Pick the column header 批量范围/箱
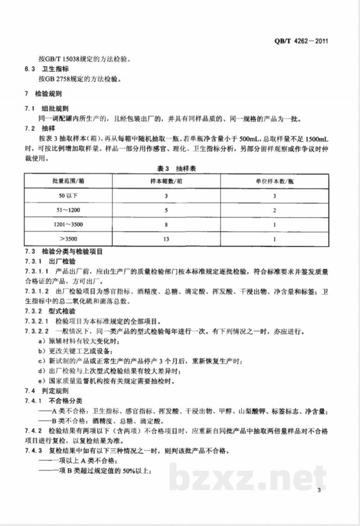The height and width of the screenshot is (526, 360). [68, 181]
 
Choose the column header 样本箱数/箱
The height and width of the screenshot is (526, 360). [166, 181]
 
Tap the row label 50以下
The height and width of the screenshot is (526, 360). [68, 196]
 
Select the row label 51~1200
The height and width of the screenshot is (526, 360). [68, 210]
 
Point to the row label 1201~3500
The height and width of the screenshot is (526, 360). [68, 224]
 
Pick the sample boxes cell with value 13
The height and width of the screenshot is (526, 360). [166, 239]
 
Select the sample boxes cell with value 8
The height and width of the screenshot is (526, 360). [166, 224]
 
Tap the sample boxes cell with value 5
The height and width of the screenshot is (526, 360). [166, 210]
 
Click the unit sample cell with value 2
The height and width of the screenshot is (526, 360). [274, 210]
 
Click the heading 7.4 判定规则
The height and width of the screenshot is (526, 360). [47, 391]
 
